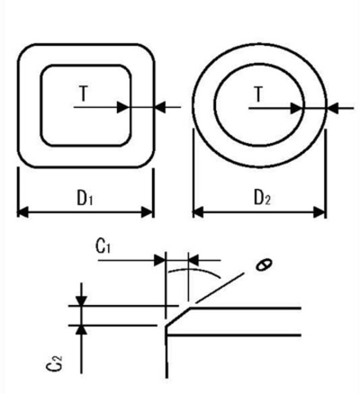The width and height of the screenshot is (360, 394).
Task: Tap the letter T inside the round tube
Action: click(259, 95)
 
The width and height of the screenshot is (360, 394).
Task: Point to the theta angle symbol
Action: click(262, 264)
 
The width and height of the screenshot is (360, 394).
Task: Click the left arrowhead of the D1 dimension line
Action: click(22, 213)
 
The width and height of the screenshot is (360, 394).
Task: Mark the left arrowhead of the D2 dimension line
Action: click(197, 213)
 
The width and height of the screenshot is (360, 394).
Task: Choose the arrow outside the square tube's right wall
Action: click(160, 106)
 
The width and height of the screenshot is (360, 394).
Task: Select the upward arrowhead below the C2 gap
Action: click(80, 329)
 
